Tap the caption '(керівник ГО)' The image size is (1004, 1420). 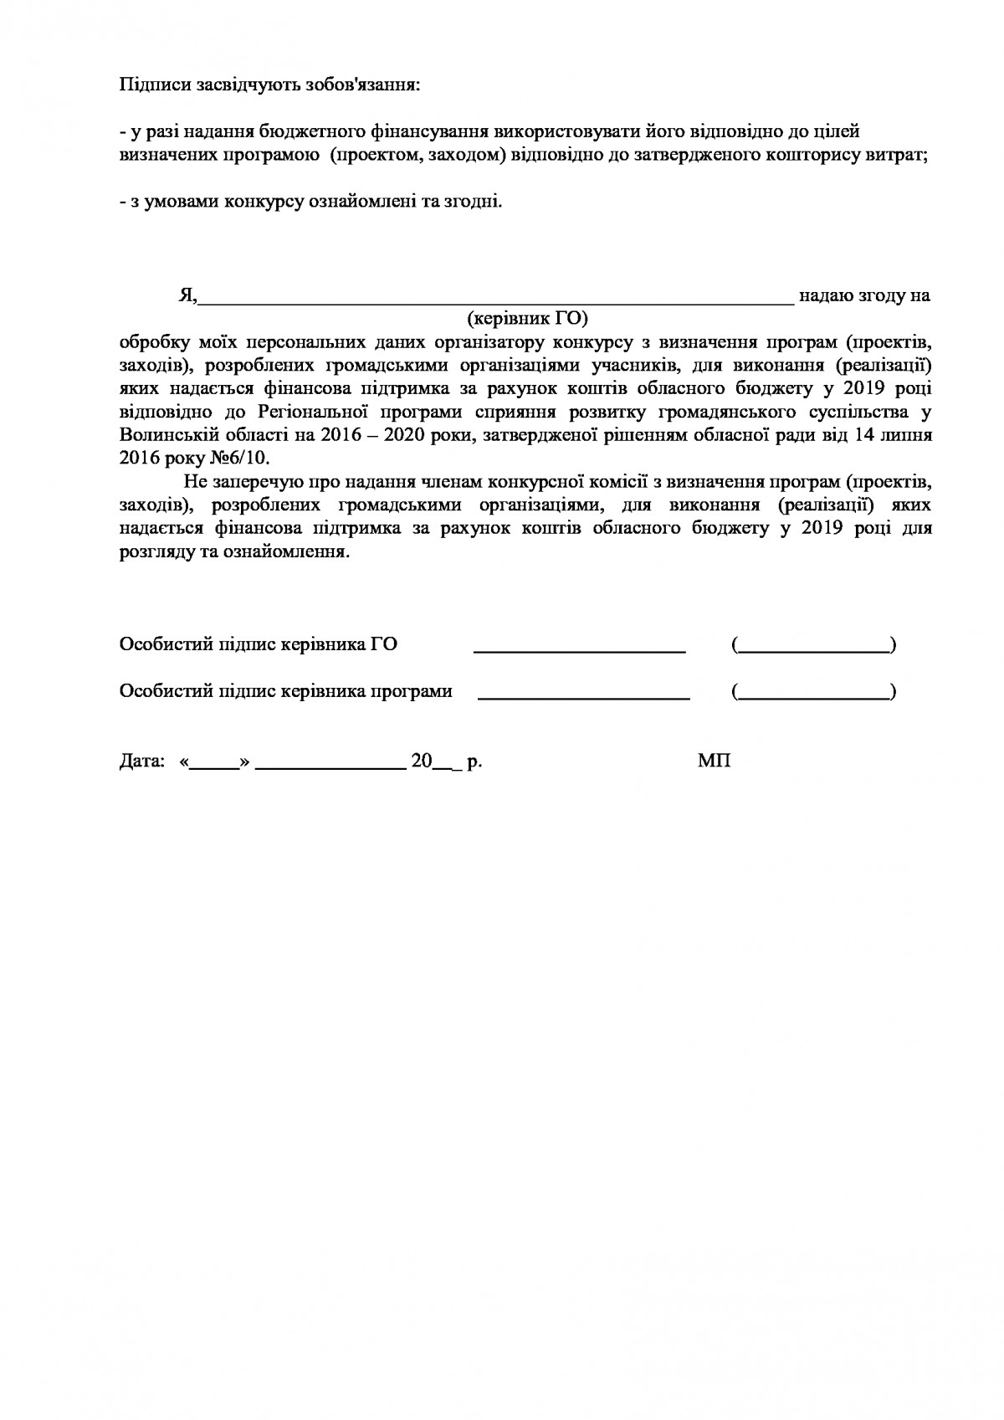tap(528, 318)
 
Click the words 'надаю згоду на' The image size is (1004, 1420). tap(864, 295)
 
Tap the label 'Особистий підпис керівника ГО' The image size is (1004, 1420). tap(259, 644)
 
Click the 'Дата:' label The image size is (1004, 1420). tap(142, 762)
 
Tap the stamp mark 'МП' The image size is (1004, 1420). tap(714, 762)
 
